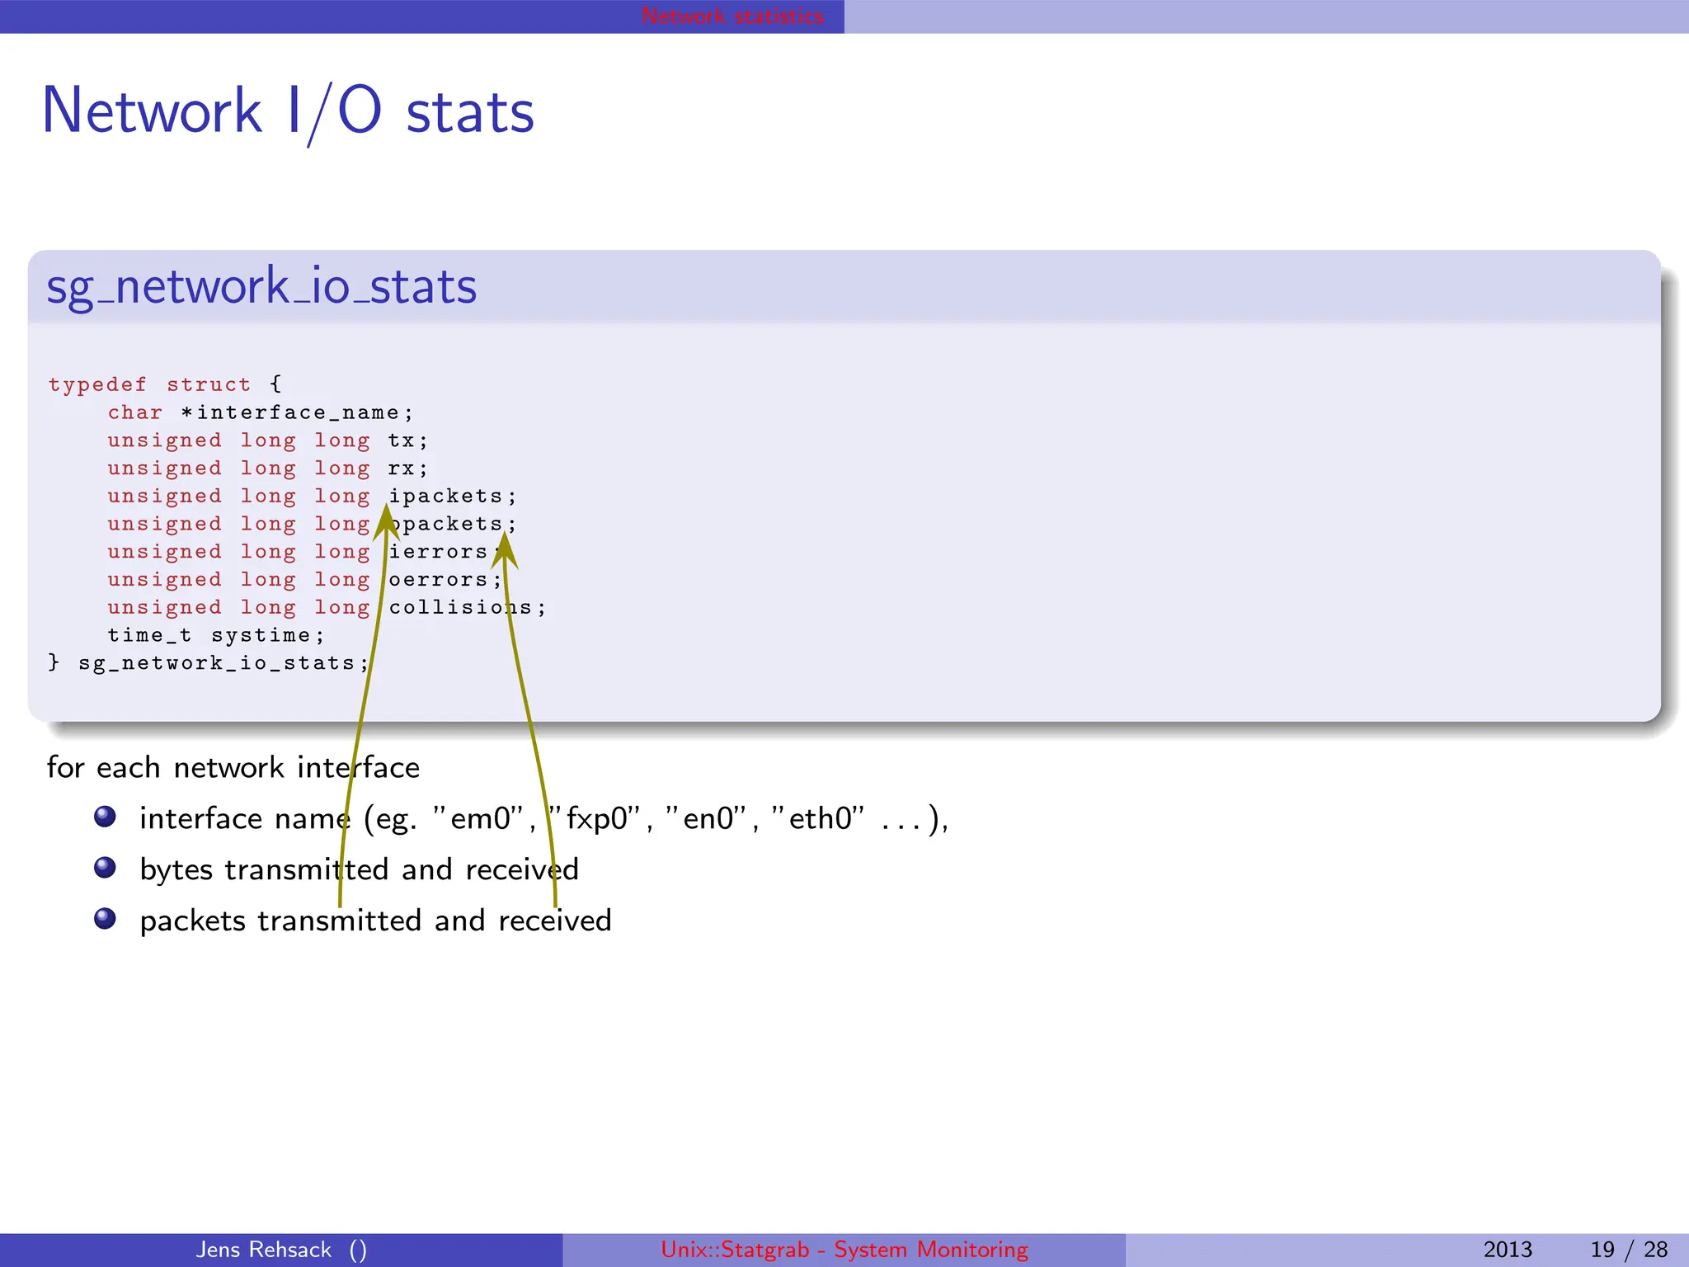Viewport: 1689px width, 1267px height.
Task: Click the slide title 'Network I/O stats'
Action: coord(288,111)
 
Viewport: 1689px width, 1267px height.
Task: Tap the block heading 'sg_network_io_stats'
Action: coord(261,287)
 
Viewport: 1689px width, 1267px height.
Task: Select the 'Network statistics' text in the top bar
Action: coord(732,16)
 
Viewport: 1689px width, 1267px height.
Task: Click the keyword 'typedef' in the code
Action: coord(97,384)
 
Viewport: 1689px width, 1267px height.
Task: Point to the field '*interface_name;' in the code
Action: coord(297,412)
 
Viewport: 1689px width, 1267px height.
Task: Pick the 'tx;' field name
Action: coord(407,440)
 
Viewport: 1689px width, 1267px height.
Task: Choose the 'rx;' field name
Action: coord(407,469)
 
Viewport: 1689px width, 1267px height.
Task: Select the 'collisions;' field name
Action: coord(467,608)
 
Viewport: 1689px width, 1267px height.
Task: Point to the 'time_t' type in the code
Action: coord(149,635)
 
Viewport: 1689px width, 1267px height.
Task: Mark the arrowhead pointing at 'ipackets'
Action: coord(385,520)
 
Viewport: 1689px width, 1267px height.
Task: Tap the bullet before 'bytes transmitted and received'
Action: coord(105,868)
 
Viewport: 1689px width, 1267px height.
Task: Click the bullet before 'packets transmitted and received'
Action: coord(105,919)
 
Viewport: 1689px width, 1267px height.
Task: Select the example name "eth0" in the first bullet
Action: coord(818,818)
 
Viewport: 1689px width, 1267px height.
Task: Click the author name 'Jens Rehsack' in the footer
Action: coord(264,1250)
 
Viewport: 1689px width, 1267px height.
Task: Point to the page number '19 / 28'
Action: coord(1629,1250)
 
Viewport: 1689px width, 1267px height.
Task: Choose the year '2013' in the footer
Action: coord(1508,1250)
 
